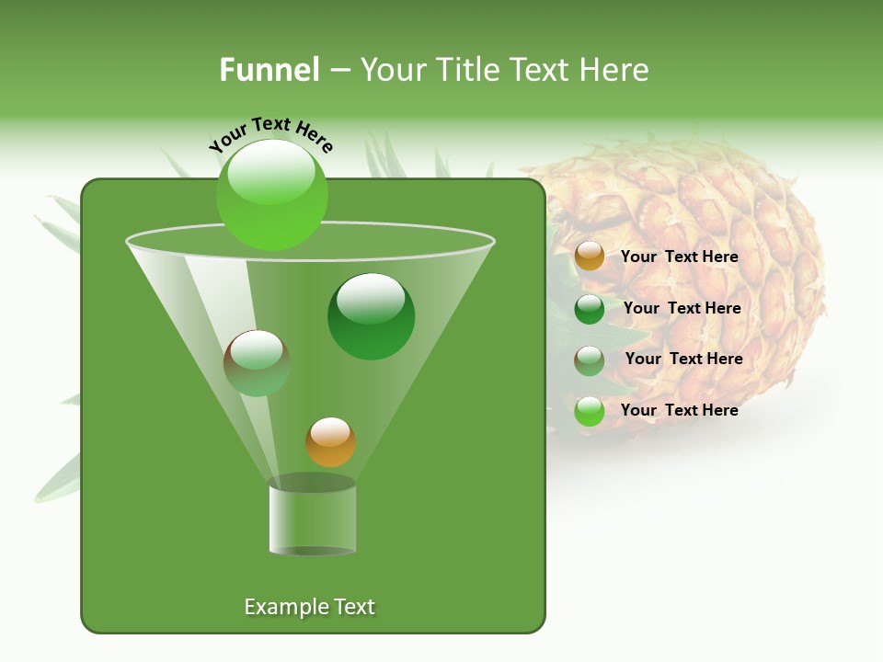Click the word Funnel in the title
pos(269,70)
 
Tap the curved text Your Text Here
pos(270,132)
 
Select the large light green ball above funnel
pos(272,194)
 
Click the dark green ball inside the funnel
pos(371,316)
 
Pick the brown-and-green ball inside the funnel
pos(257,363)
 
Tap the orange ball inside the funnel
pos(330,442)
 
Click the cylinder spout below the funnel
pos(312,519)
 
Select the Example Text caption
pos(310,607)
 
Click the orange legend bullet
pos(590,257)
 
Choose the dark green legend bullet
pos(590,309)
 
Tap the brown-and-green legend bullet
pos(590,360)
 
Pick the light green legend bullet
pos(590,411)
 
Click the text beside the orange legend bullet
pos(679,257)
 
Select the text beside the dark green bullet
pos(682,308)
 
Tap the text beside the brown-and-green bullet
pos(683,359)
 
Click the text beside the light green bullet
pos(679,410)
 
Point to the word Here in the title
pos(615,70)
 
